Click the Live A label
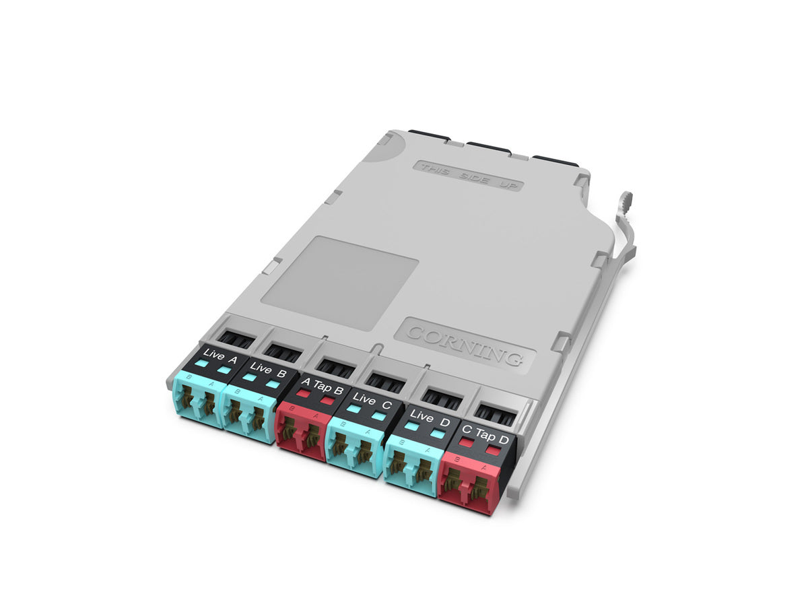coord(220,357)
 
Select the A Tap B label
coord(322,386)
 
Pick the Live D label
coord(428,419)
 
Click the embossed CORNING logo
coord(465,342)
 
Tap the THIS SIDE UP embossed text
coord(467,174)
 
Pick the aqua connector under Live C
coord(353,450)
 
